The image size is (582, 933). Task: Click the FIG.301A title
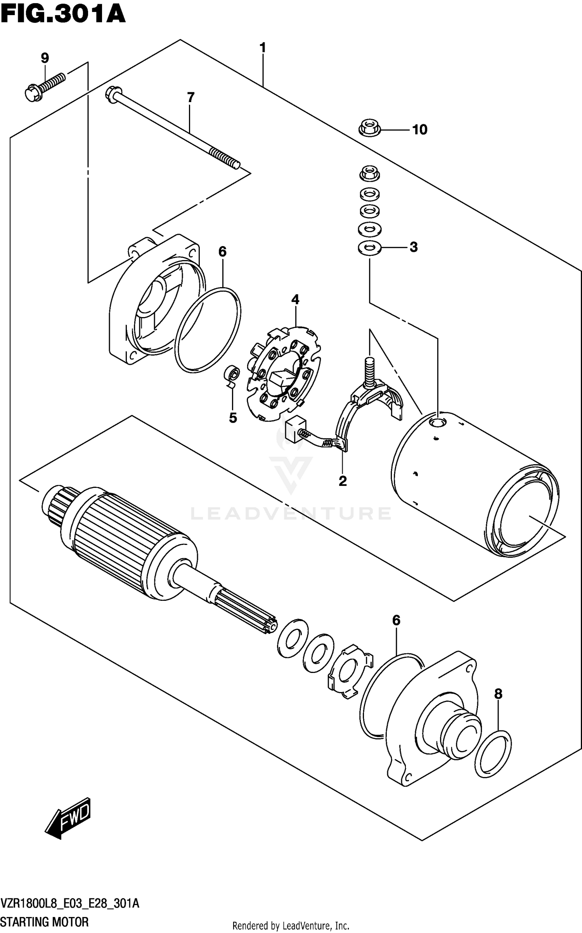pyautogui.click(x=63, y=15)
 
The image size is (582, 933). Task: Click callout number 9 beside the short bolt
pyautogui.click(x=45, y=58)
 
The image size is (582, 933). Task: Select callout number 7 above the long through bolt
pyautogui.click(x=190, y=97)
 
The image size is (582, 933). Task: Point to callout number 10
pyautogui.click(x=419, y=129)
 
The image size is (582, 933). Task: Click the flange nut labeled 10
pyautogui.click(x=369, y=128)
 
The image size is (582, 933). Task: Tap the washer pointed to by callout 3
pyautogui.click(x=369, y=248)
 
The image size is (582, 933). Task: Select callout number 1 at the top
pyautogui.click(x=263, y=48)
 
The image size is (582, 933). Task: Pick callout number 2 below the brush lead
pyautogui.click(x=342, y=481)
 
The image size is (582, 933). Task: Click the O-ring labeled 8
pyautogui.click(x=492, y=754)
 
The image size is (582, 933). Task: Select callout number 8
pyautogui.click(x=498, y=693)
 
